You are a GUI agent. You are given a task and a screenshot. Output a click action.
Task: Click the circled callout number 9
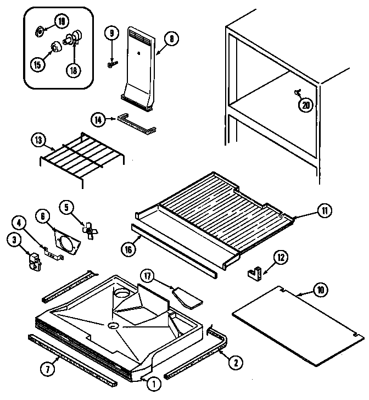(x=111, y=33)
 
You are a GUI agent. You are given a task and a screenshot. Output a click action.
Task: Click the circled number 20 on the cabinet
(x=306, y=105)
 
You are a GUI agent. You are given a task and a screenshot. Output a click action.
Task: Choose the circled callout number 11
(x=325, y=211)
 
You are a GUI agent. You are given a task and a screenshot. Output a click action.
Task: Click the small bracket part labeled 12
(x=255, y=274)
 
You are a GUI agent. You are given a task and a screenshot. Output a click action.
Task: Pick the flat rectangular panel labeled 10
(x=298, y=326)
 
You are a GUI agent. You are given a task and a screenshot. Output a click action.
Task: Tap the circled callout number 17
(x=148, y=276)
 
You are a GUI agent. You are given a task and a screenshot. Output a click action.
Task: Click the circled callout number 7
(x=48, y=369)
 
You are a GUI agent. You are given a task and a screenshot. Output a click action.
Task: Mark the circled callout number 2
(x=236, y=363)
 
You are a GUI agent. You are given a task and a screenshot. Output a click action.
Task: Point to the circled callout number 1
(x=154, y=384)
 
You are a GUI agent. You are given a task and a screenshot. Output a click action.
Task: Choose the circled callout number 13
(x=38, y=140)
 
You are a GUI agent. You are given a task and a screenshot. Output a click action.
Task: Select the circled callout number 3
(x=14, y=240)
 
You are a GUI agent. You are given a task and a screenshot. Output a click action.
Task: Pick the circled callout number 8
(x=171, y=38)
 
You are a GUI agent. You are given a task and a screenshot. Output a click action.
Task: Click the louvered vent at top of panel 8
(x=141, y=36)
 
